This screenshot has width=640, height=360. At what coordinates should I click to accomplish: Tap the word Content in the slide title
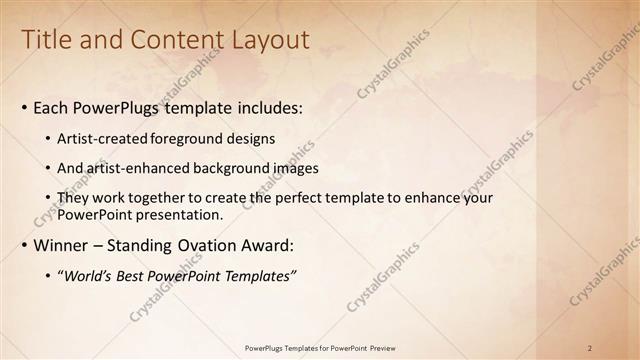172,40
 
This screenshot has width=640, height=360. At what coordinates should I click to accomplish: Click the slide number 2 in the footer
590,348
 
